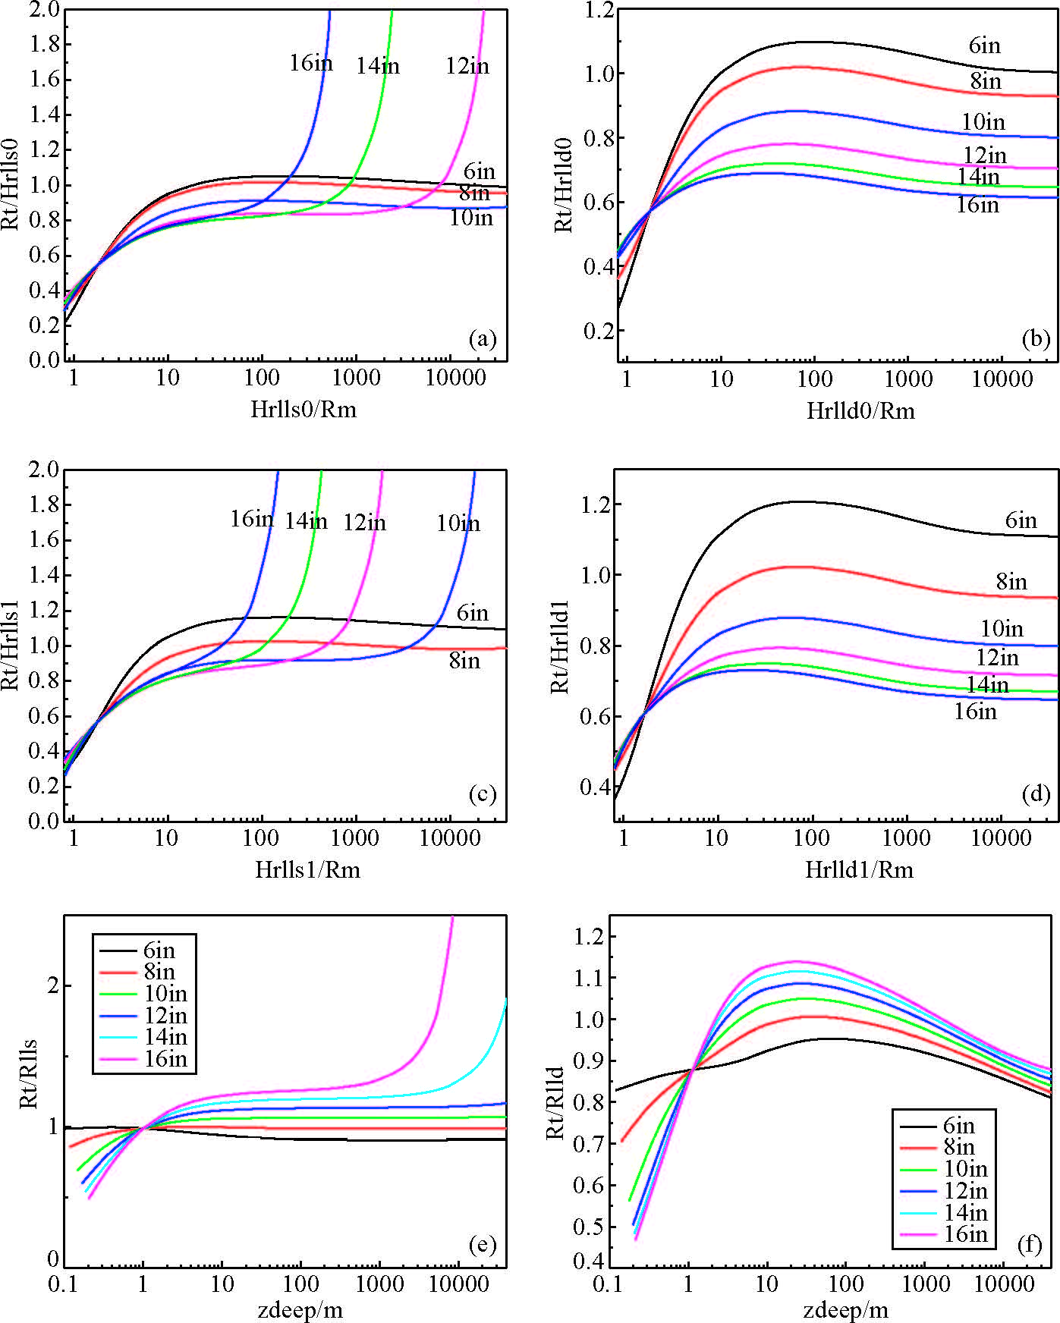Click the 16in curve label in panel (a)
(x=310, y=63)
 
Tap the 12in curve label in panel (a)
(x=467, y=67)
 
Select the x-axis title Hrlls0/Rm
(x=304, y=410)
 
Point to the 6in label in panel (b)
(x=984, y=46)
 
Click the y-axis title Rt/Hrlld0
(x=563, y=183)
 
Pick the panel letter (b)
(x=1036, y=338)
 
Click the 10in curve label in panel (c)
(x=458, y=523)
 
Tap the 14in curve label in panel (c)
(x=306, y=521)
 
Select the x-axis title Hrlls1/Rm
(x=307, y=869)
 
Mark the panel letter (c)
(x=483, y=794)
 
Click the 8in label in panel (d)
(x=1011, y=582)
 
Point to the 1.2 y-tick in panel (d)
(x=596, y=504)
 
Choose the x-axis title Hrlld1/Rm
(x=859, y=869)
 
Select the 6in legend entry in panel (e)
(x=159, y=951)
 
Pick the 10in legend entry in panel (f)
(x=965, y=1169)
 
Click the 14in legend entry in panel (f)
(x=965, y=1212)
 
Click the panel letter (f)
(x=1029, y=1245)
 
